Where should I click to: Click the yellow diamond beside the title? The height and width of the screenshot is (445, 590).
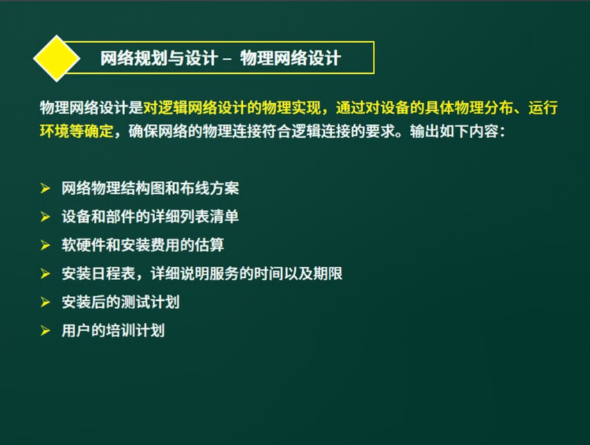click(57, 58)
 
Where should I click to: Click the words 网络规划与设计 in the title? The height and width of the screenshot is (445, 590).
click(159, 58)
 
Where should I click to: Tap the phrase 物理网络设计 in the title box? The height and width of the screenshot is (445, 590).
click(291, 58)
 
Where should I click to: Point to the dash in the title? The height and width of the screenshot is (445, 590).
click(227, 59)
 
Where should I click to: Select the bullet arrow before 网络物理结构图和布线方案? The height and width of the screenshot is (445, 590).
click(45, 188)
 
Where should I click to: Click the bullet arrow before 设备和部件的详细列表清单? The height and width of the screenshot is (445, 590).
click(45, 217)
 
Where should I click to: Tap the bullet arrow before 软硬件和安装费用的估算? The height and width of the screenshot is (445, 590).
click(45, 245)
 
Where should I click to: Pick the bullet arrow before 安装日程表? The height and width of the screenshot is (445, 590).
click(45, 274)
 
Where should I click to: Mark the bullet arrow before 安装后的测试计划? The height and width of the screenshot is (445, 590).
click(45, 302)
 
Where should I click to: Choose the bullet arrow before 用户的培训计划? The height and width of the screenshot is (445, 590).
click(45, 331)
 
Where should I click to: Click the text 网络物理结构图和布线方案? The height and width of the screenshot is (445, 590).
click(150, 188)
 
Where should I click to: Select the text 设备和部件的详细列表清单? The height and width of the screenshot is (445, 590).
click(150, 217)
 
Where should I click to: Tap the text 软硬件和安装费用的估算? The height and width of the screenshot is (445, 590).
click(143, 245)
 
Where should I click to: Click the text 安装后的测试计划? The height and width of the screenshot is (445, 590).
click(121, 302)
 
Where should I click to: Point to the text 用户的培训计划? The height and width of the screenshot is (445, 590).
click(113, 331)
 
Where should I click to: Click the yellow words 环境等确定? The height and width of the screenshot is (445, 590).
click(77, 131)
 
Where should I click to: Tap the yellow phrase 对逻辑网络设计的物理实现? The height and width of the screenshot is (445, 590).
click(232, 108)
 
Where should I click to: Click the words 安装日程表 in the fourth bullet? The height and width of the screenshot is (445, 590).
click(99, 274)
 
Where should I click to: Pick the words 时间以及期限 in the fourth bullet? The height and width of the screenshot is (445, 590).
click(298, 274)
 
